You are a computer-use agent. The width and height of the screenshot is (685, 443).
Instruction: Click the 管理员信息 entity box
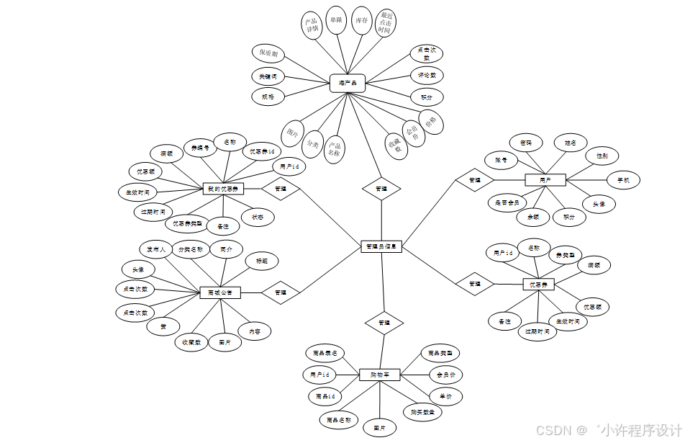381,246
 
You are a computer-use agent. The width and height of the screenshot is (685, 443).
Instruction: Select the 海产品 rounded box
348,83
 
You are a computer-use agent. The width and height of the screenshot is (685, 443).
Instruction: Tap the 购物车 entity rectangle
379,374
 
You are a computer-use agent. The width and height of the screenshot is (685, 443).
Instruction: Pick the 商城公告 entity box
219,292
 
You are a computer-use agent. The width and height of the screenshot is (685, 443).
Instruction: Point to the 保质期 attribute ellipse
268,53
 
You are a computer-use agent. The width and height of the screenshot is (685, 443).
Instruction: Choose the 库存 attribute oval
362,22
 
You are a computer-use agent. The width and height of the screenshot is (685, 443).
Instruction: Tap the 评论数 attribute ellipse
427,75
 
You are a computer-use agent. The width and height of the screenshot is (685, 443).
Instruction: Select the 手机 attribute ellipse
623,179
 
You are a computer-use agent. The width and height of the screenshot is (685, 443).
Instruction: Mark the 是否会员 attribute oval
507,203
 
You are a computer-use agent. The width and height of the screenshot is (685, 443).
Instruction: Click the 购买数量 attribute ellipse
422,412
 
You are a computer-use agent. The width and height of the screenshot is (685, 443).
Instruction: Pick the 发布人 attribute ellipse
156,249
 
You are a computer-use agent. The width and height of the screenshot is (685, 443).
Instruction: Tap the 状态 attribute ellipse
257,217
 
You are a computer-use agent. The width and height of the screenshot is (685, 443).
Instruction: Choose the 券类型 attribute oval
566,254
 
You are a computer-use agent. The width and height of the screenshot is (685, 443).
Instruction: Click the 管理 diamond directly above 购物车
384,323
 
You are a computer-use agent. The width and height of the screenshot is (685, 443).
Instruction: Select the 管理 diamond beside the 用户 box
474,179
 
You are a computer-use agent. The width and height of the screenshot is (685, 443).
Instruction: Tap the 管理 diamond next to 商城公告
280,292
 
